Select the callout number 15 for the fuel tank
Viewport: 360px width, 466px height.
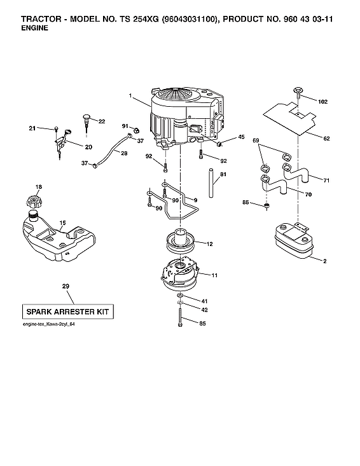[62, 223]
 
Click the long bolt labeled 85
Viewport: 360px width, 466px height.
[181, 317]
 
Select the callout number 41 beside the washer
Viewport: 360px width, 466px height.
[204, 300]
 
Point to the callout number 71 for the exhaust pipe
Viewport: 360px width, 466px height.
[326, 181]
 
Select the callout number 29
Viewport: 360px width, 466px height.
[65, 287]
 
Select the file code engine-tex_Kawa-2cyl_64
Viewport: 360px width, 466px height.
[49, 325]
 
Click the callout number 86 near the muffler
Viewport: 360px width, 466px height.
[246, 202]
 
